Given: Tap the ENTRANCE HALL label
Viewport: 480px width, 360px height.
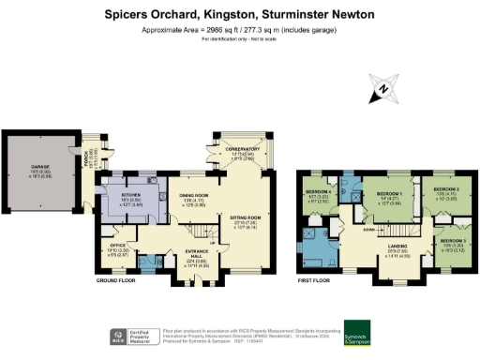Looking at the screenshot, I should [195, 257].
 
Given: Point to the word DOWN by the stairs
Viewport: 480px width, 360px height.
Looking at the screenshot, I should [370, 229].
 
